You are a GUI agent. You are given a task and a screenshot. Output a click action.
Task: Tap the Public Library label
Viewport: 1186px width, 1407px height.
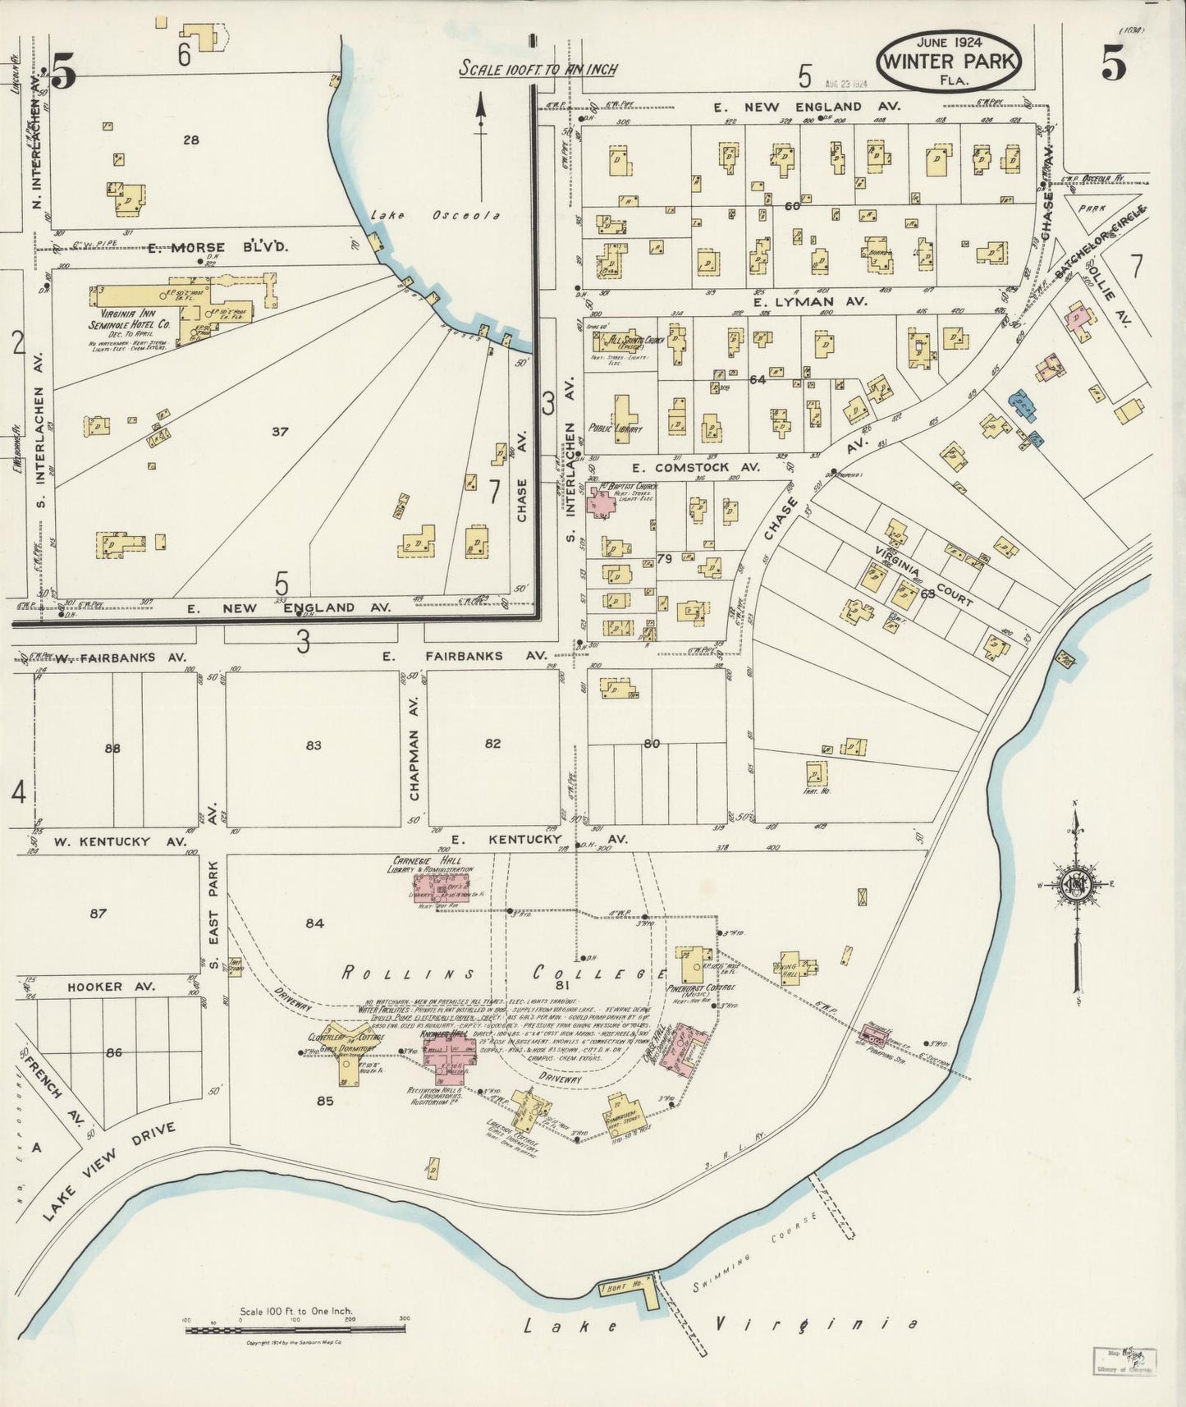coord(615,429)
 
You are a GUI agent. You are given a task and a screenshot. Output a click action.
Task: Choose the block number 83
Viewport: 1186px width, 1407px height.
coord(313,745)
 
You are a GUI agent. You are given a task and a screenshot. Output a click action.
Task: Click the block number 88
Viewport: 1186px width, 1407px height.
coord(112,748)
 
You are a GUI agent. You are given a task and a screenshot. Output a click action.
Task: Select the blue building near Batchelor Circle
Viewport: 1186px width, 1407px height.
coord(1023,404)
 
